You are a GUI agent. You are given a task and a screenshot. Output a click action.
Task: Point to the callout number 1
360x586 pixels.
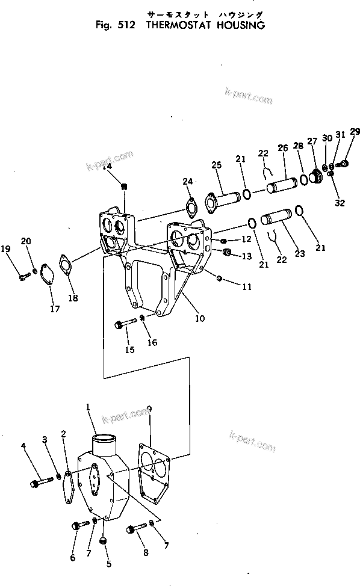click(88, 407)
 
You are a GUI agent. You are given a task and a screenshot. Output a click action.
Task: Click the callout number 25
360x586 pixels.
click(216, 165)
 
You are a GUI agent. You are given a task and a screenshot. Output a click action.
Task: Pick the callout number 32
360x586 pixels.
click(340, 203)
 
